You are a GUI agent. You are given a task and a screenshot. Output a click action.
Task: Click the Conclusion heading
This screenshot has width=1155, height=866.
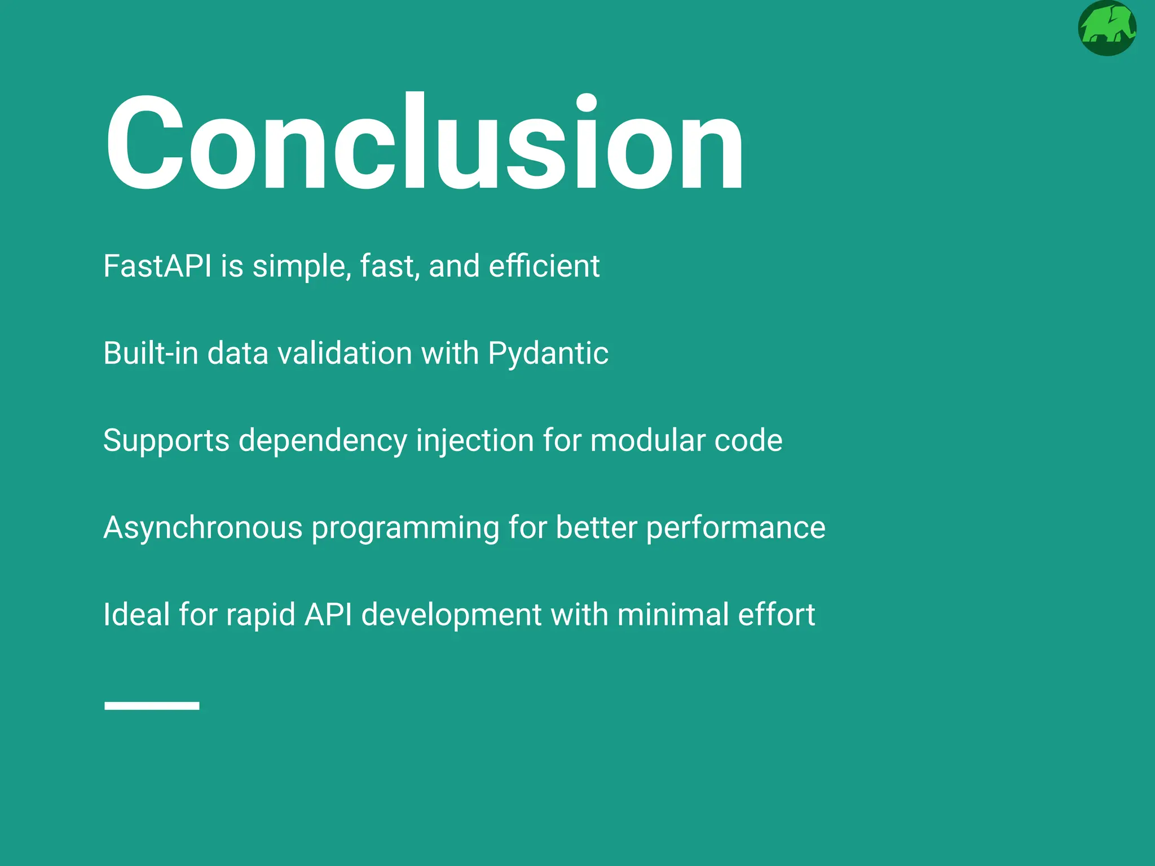tap(424, 144)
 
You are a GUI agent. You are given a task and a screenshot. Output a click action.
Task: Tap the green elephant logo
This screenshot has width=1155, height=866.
tap(1106, 28)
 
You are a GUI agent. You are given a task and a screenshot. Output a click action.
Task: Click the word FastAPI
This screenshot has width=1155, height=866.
tap(157, 266)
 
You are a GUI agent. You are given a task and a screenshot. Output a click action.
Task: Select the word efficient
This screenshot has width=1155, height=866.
tap(544, 266)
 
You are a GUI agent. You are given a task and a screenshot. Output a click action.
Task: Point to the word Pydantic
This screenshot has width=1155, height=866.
tap(548, 354)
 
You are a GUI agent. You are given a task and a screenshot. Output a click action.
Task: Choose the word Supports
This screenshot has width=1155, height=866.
tap(166, 441)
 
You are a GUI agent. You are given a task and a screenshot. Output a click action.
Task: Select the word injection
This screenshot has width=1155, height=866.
tap(475, 441)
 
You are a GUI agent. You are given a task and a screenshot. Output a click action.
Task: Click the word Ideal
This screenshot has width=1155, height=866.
tap(136, 615)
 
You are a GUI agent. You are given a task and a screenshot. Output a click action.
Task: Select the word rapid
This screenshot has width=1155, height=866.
tap(260, 615)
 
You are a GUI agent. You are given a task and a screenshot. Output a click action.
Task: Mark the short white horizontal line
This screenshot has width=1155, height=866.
tap(152, 705)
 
